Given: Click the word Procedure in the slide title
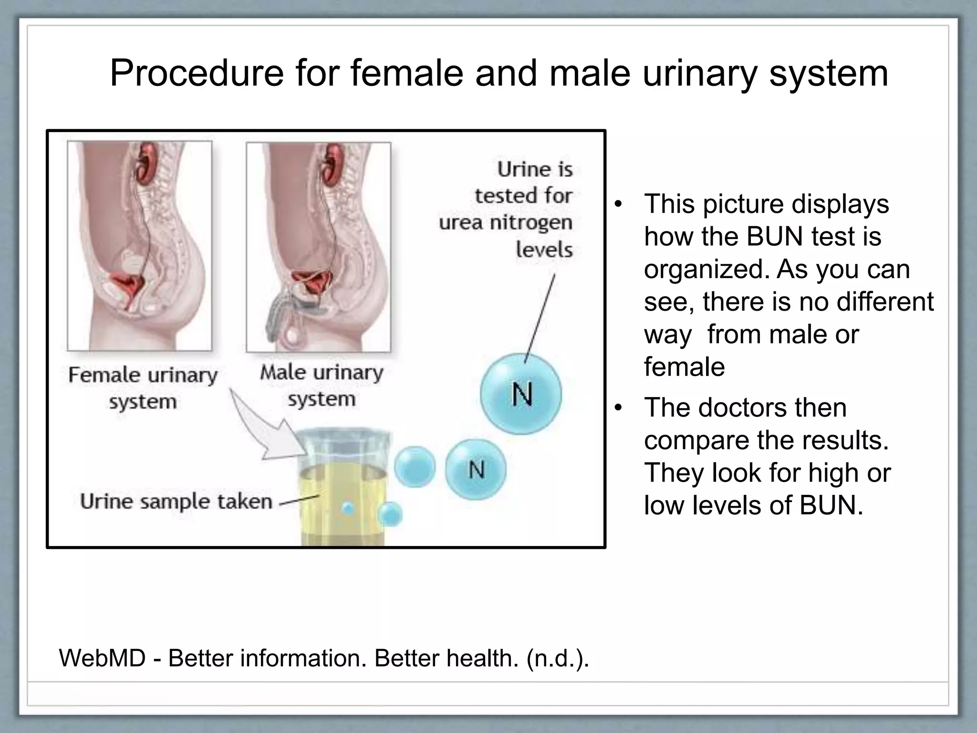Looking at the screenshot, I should point(197,74).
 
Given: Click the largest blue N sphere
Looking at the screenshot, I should point(521,394).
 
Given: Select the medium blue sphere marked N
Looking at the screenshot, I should point(476,470).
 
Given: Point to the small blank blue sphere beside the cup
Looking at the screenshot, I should point(415,467).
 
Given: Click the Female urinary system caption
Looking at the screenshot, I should point(143,387).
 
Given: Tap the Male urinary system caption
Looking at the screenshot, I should point(322,385).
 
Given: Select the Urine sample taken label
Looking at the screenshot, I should point(176,502).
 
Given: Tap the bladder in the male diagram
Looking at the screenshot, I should point(310,283).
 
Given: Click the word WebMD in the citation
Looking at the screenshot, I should point(102,658).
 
